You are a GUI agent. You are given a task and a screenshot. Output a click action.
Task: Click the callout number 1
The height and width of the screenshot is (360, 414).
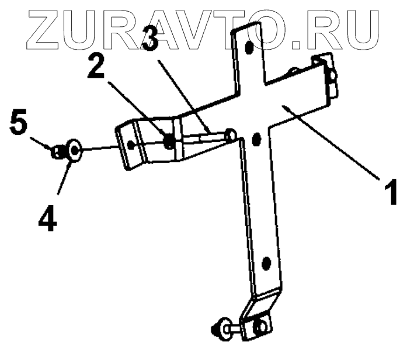click(x=391, y=192)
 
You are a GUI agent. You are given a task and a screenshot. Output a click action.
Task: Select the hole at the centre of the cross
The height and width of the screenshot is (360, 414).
click(x=255, y=139)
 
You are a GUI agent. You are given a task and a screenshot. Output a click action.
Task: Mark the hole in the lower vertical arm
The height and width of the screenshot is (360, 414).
click(x=266, y=264)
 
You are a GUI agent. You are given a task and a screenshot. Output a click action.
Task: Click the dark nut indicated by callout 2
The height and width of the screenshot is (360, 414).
click(x=169, y=141)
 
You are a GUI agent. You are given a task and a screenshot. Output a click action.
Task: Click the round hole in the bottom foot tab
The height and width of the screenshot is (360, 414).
click(x=261, y=323)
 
